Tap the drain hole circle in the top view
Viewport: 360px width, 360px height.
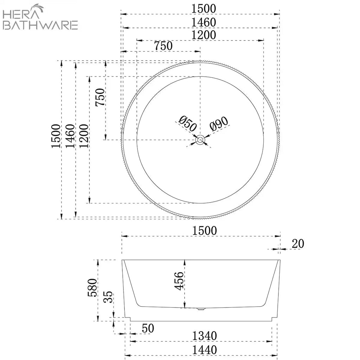200,140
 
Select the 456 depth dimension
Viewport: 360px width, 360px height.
179,281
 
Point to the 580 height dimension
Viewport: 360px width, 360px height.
92,288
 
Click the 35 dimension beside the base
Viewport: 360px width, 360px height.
108,297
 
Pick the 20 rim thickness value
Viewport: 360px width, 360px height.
298,244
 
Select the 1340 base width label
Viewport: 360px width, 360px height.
204,336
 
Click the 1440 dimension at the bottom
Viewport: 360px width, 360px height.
204,350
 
